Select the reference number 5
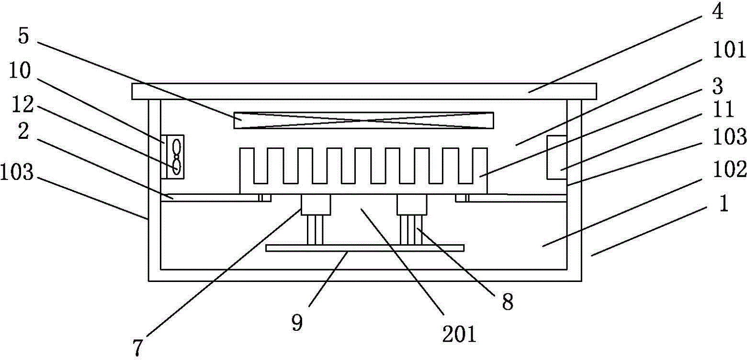tap(24, 37)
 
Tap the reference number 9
tap(297, 324)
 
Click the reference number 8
tap(507, 302)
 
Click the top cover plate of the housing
tap(364, 91)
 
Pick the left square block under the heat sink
tap(316, 204)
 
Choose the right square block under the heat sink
tap(411, 204)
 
